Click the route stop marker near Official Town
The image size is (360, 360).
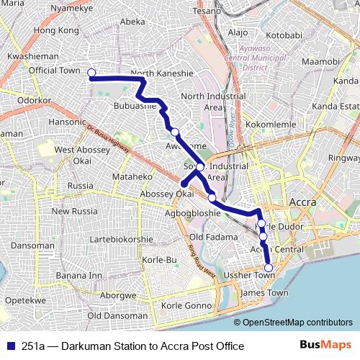click(x=91, y=72)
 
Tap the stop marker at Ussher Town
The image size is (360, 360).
click(x=269, y=268)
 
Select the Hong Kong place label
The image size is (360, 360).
click(x=55, y=31)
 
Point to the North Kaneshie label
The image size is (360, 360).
click(x=162, y=73)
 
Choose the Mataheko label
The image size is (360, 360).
click(x=132, y=176)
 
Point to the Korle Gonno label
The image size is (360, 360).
click(x=186, y=306)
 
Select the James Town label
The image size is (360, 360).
click(x=264, y=293)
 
